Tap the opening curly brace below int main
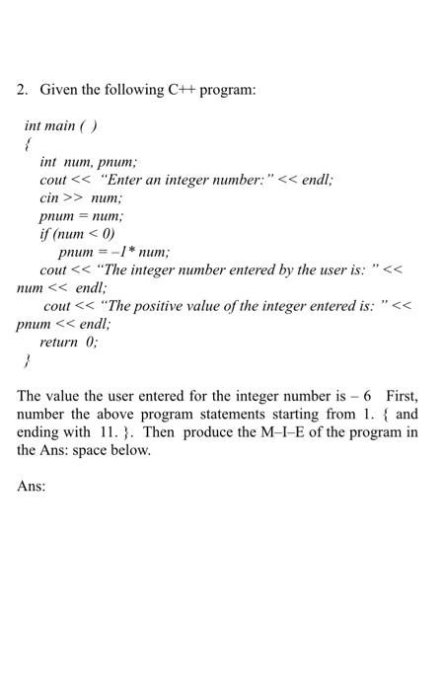(x=28, y=144)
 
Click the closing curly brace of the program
(x=28, y=360)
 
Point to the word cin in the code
(x=50, y=197)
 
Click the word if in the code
(x=44, y=234)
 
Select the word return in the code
(x=58, y=342)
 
